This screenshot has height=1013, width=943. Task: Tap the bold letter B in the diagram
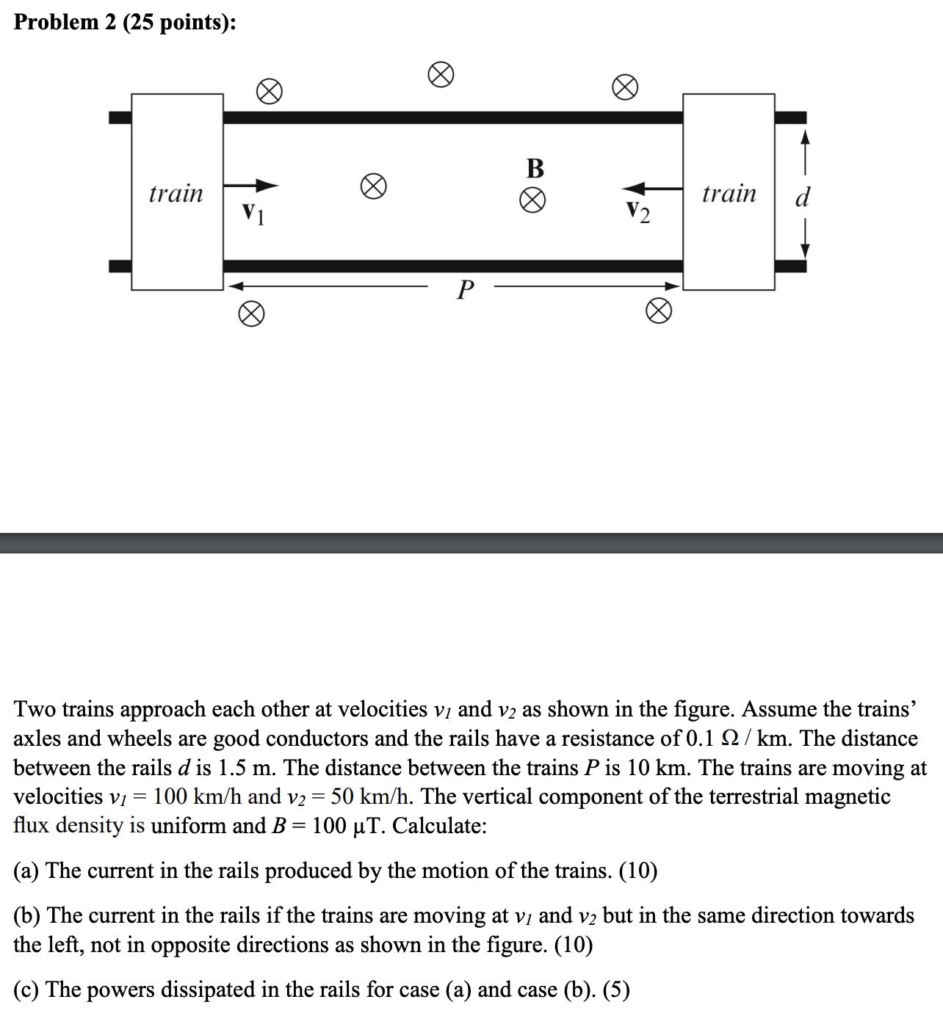coord(535,169)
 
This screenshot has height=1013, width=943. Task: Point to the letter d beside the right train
coord(803,197)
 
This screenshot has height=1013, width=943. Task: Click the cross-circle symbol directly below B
coord(534,200)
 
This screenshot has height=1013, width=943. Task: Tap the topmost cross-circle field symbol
coord(441,75)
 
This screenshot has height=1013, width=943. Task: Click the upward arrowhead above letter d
coord(805,137)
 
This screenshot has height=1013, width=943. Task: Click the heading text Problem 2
coord(125,22)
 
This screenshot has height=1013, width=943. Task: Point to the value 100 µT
coord(345,826)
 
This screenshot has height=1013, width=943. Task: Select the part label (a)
coord(28,871)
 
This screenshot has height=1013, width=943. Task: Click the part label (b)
coord(29,915)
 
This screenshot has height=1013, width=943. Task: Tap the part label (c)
coord(28,990)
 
